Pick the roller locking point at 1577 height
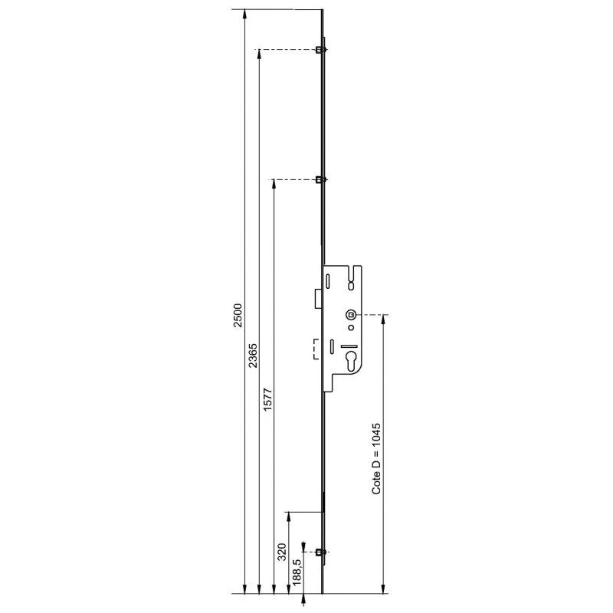320,179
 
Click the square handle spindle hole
350,314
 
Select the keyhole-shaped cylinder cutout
352,363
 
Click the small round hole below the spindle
350,328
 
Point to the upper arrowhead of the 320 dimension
288,516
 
